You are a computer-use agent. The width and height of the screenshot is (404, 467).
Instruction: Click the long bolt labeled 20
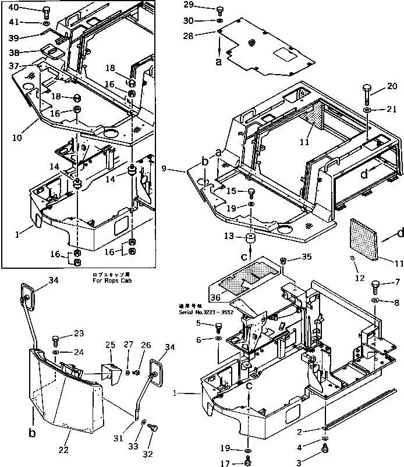tap(368, 92)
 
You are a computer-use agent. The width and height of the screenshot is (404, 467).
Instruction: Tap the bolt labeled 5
tap(219, 326)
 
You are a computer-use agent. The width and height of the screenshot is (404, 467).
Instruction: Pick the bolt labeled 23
tap(55, 339)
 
